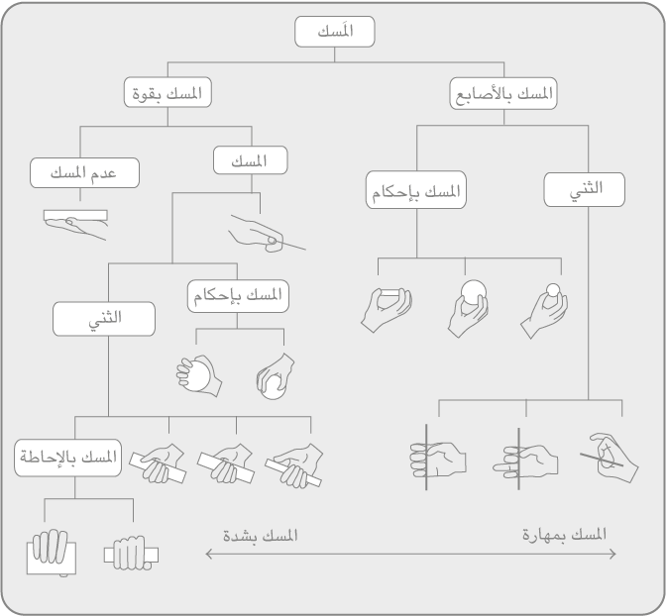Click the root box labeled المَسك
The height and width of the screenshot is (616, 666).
tap(332, 33)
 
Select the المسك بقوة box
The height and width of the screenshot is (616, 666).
tap(168, 94)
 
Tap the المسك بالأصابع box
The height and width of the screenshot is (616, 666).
tap(502, 94)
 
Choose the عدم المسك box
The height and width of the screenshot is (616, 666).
tap(85, 172)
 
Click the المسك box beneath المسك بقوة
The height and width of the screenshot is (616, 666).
tap(251, 160)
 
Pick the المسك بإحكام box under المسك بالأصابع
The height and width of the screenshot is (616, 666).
tap(416, 191)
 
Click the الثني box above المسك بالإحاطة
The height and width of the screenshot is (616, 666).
tap(105, 318)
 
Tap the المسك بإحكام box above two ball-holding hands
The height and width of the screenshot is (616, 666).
tap(238, 296)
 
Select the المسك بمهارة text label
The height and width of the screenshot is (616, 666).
tap(564, 535)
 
